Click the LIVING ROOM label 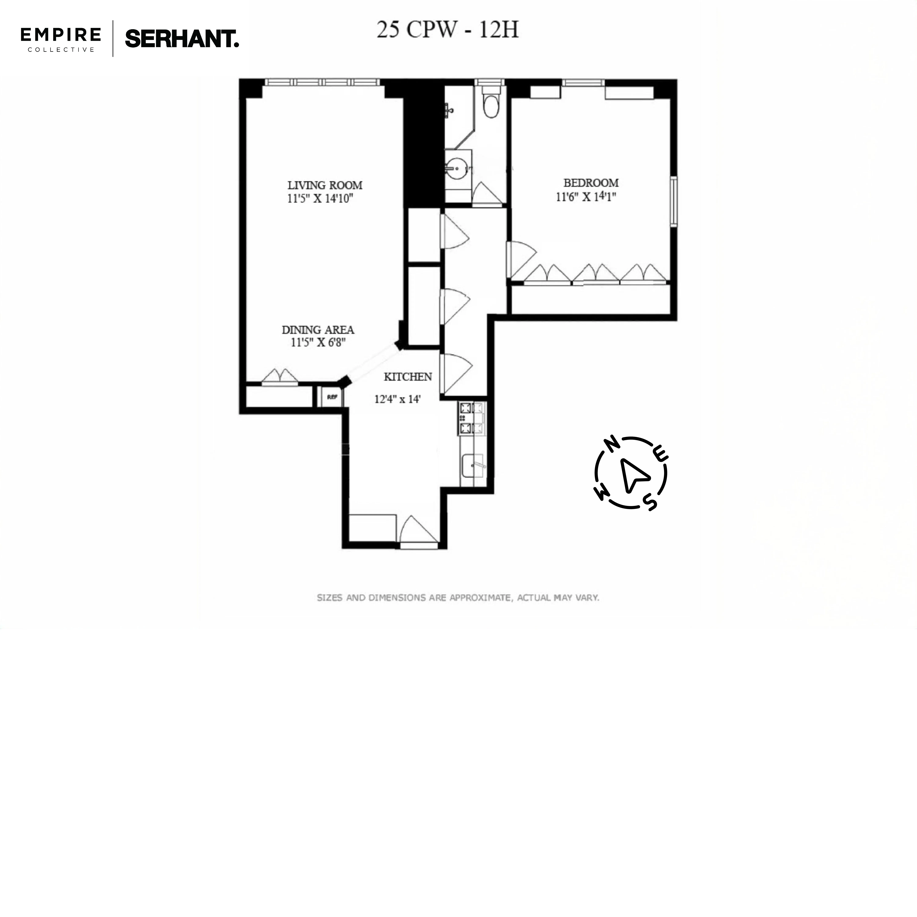[x=325, y=185]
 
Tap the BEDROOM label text [x=591, y=183]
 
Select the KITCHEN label [x=408, y=377]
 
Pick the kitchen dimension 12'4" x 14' [x=397, y=399]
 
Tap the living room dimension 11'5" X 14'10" [x=320, y=198]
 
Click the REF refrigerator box [x=332, y=397]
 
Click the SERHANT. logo [x=182, y=39]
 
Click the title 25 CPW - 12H [x=448, y=30]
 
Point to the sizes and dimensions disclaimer [x=458, y=598]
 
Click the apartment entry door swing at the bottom [x=418, y=532]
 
